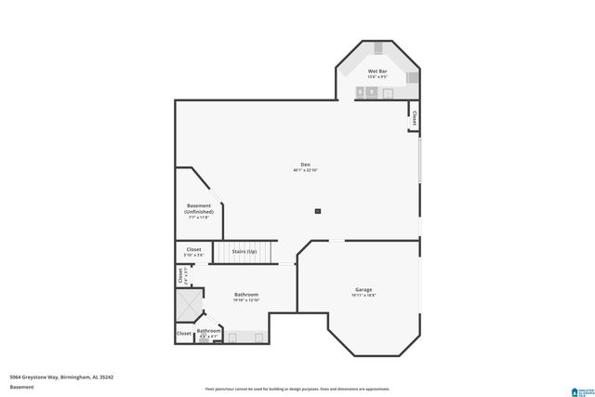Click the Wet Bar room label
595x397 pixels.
[x=377, y=71]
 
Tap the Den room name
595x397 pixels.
[x=305, y=165]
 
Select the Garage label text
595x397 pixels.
[x=364, y=289]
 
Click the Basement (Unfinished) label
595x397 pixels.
[x=199, y=208]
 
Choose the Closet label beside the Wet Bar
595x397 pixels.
[x=414, y=118]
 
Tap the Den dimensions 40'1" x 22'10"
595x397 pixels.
[x=306, y=171]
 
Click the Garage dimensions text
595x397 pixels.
[x=364, y=296]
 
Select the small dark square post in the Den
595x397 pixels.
[x=317, y=211]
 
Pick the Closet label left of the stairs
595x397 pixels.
[x=193, y=250]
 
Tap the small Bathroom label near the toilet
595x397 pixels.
[x=208, y=331]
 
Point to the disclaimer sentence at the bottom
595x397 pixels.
[x=297, y=389]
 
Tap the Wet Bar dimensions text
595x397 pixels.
[x=377, y=77]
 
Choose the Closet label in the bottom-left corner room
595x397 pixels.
[x=184, y=333]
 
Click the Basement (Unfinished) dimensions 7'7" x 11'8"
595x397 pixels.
[x=199, y=218]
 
